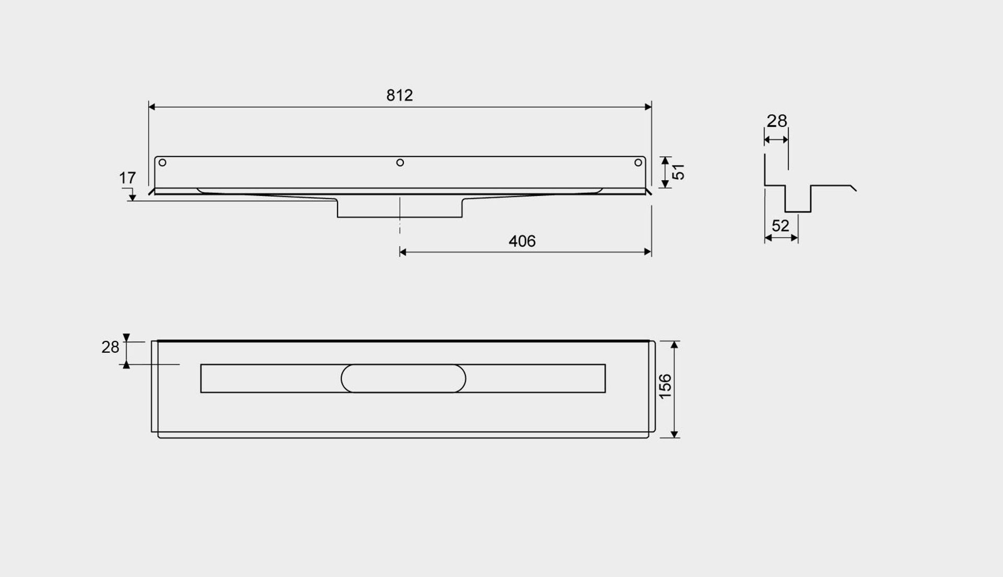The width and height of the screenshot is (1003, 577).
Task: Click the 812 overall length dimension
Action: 400,95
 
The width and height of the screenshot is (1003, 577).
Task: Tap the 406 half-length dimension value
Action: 522,241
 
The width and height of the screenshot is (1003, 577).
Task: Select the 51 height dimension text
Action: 678,171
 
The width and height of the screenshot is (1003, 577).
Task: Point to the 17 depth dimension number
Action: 127,178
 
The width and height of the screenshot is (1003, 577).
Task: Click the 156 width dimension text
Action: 665,387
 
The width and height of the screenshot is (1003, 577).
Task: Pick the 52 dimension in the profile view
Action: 780,226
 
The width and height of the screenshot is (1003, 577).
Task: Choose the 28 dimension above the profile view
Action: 776,121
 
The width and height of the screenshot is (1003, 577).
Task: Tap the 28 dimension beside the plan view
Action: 110,347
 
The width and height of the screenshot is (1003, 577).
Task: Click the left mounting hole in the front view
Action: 162,163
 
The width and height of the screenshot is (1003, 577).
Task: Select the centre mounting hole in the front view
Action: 400,163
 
